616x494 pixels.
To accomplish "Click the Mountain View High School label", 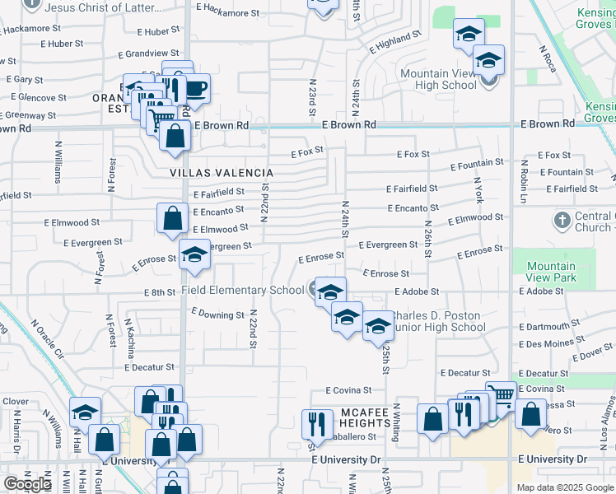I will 438,79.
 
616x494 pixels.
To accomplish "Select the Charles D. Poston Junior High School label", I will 436,321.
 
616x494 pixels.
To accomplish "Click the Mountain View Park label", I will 551,272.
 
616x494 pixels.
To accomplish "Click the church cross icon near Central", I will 562,221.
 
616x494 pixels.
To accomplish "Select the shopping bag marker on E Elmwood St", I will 172,220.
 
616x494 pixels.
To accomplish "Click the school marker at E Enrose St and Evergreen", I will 194,256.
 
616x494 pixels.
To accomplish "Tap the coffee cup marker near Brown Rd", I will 196,88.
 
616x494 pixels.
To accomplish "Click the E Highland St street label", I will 395,41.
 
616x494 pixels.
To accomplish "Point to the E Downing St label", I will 217,314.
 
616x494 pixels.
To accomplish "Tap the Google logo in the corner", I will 28,484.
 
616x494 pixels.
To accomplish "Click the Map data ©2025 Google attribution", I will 565,487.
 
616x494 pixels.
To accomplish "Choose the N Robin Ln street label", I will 523,181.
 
